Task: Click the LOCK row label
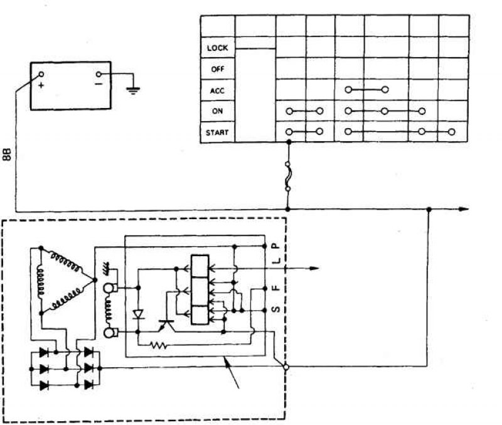tap(217, 48)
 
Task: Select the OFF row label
tap(217, 69)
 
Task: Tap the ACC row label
tap(217, 90)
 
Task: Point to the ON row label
tap(217, 111)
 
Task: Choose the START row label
tap(217, 132)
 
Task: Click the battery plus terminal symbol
tap(41, 86)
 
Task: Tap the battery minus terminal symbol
tap(99, 84)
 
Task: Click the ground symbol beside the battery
tap(133, 90)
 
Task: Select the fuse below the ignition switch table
tap(288, 176)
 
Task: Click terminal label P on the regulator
tap(275, 246)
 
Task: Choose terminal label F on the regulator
tap(275, 288)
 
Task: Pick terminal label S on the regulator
tap(275, 309)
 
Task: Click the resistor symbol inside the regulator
tap(158, 345)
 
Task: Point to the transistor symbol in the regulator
tap(166, 325)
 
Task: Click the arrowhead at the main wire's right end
tap(464, 209)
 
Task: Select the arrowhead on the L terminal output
tap(314, 269)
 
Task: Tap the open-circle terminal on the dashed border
tap(286, 367)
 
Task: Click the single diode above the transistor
tap(138, 314)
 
